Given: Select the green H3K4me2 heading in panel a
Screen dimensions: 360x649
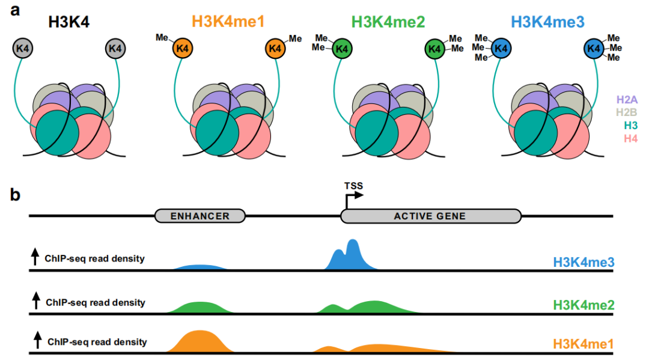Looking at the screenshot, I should coord(388,22).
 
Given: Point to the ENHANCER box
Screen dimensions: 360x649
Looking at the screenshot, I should coord(200,216).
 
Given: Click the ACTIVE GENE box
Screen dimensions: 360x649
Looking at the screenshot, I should coord(430,216).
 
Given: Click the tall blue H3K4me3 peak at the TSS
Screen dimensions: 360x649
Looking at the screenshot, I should coord(353,255).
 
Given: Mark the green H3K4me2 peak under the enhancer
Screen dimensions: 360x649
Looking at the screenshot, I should coord(200,307).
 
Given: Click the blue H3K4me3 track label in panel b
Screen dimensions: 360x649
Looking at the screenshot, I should coord(582,262).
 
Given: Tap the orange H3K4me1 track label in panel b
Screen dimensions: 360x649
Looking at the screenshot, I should coord(582,344).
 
